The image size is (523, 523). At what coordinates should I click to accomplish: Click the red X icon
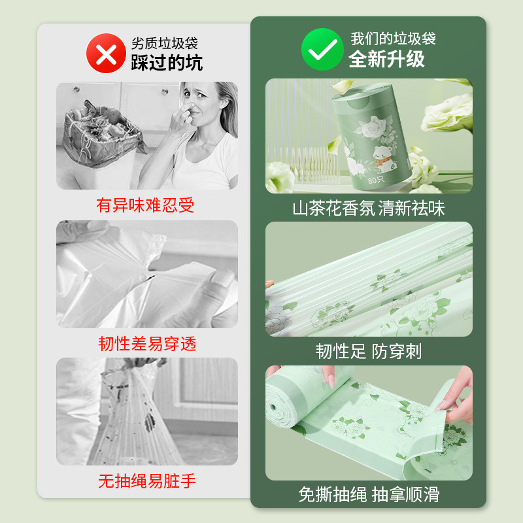[105, 53]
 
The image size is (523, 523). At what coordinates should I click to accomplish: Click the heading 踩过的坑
[167, 62]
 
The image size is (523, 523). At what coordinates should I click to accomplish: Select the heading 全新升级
[386, 59]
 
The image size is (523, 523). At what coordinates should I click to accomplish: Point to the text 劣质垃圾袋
[164, 43]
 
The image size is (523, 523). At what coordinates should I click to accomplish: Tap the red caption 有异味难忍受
[146, 205]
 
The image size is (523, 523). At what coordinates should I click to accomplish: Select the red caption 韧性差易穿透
[147, 344]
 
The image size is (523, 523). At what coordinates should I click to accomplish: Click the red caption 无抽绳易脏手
[147, 482]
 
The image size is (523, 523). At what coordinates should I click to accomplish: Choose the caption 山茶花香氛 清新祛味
[369, 209]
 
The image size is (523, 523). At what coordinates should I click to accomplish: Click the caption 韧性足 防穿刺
[369, 352]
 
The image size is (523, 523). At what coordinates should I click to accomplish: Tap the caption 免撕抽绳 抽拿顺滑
[369, 495]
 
